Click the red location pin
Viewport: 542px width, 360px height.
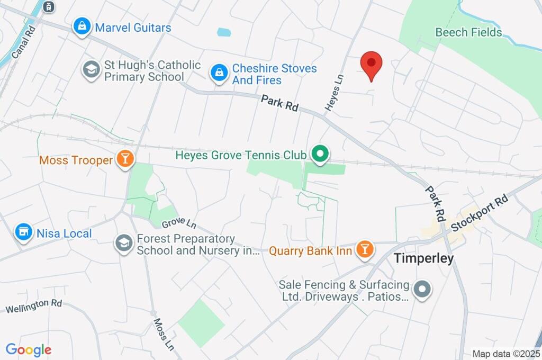click(371, 64)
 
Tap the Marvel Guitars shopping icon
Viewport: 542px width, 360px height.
click(82, 27)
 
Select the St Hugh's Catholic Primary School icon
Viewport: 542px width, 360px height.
click(92, 70)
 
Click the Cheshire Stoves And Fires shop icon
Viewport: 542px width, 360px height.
click(219, 74)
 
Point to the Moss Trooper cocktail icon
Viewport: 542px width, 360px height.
click(125, 159)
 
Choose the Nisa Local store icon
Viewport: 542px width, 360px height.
click(23, 232)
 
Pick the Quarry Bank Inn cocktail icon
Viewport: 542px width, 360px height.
click(364, 249)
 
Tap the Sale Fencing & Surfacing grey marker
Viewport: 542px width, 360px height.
click(422, 290)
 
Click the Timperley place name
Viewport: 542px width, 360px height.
click(423, 258)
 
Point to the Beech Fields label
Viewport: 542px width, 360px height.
click(468, 32)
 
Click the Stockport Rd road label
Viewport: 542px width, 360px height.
click(481, 212)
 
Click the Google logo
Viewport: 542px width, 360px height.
click(29, 350)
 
